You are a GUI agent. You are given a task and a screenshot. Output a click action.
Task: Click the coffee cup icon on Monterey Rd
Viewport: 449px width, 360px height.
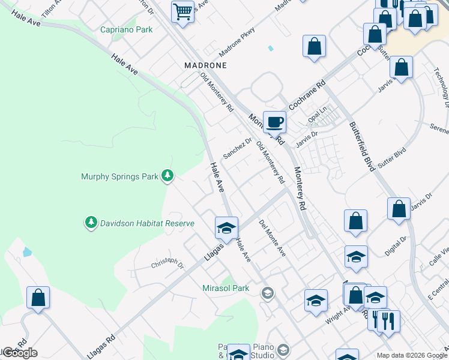coord(274,122)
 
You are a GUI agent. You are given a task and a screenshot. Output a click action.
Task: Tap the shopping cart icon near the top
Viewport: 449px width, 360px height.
coord(182,11)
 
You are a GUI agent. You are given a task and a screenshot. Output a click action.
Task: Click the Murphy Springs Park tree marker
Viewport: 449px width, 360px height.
coord(169,176)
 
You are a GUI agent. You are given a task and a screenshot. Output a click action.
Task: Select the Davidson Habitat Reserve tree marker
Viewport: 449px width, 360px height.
coord(91,223)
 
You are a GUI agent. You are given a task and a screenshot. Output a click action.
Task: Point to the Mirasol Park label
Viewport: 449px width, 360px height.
coord(225,288)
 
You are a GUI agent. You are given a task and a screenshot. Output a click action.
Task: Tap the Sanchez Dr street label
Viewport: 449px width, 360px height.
coord(237,148)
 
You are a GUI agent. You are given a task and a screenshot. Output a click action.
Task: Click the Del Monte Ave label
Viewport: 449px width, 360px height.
coord(272,239)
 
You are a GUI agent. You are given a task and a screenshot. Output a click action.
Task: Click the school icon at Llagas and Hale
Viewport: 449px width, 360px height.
coord(226,227)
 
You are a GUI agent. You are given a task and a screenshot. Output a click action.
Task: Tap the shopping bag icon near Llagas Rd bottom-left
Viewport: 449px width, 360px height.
coord(38,297)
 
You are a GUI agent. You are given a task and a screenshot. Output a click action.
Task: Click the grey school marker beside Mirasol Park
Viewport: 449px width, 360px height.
coord(267,293)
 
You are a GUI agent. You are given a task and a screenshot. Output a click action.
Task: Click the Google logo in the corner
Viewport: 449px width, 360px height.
coord(20,353)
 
